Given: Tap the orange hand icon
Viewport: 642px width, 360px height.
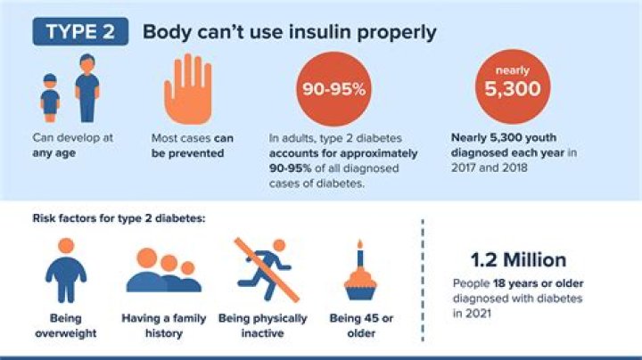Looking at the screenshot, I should coord(184,89).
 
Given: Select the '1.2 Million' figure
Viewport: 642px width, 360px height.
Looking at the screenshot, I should coord(518,260).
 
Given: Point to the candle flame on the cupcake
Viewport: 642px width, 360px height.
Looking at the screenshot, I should coord(360,244).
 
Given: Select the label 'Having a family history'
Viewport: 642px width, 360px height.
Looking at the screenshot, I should coord(164,325).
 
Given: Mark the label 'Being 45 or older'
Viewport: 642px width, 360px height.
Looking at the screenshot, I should coord(360,325).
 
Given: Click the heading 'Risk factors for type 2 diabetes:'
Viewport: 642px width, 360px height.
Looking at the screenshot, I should coord(119,217).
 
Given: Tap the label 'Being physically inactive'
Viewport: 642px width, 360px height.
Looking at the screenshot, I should coord(264,325).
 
